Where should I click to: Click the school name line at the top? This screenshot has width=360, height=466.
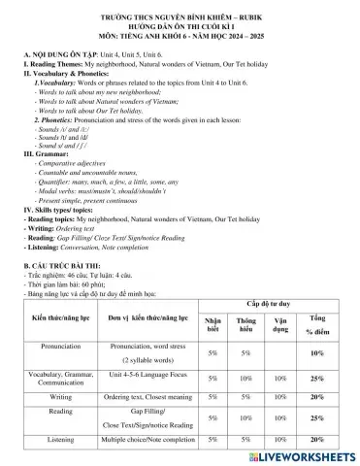(179, 17)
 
